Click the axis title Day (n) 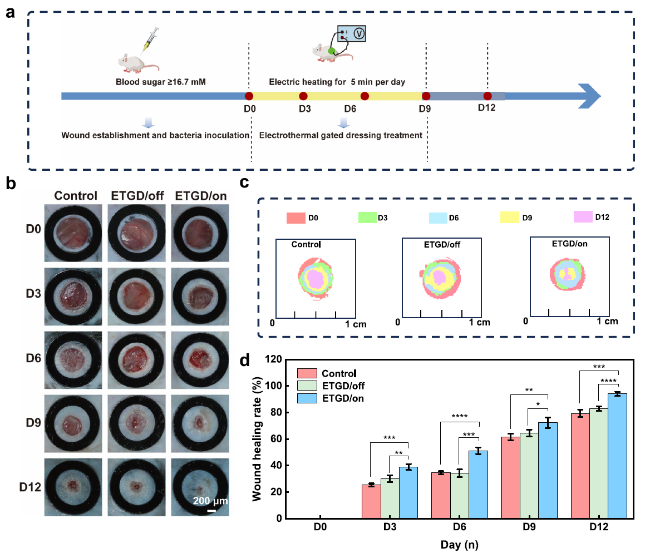pos(458,545)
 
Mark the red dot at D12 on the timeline pos(488,96)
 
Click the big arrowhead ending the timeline pos(589,96)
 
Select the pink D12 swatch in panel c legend pos(582,217)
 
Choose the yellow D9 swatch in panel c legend pos(511,217)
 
